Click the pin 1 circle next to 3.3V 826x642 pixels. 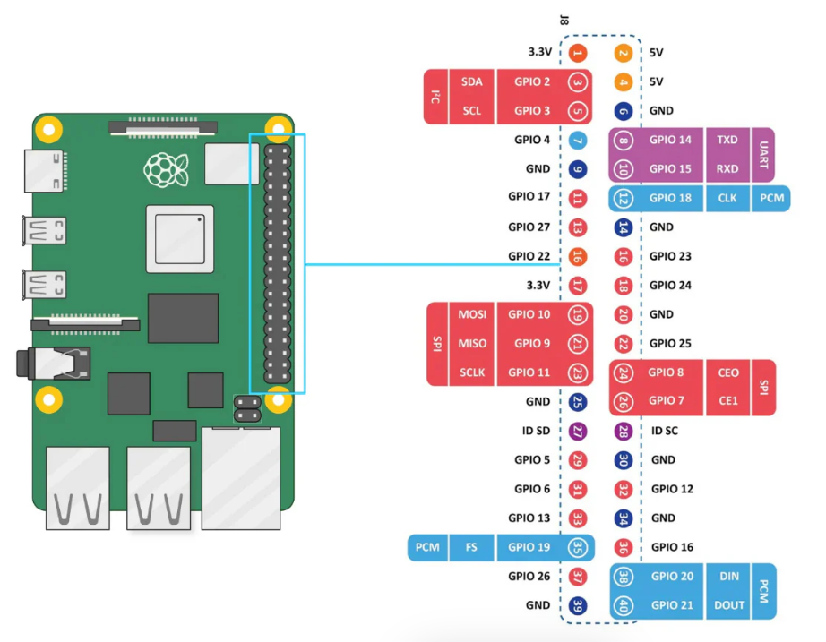click(578, 53)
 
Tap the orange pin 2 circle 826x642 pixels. click(624, 53)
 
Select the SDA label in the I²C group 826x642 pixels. click(472, 81)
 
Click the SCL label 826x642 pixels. click(472, 111)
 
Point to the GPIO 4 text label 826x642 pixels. click(532, 140)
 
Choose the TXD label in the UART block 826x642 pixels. click(727, 140)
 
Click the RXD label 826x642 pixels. click(727, 168)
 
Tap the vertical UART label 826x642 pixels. click(763, 154)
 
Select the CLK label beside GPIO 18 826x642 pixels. click(727, 198)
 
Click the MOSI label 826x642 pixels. click(472, 314)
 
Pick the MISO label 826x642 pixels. click(472, 343)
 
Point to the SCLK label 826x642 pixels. click(472, 372)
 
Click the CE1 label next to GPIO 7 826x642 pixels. click(728, 401)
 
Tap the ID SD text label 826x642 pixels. click(536, 431)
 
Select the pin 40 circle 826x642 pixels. click(624, 605)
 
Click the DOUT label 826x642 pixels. click(729, 605)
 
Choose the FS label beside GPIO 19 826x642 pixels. click(470, 547)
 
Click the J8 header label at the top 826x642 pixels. click(564, 19)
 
